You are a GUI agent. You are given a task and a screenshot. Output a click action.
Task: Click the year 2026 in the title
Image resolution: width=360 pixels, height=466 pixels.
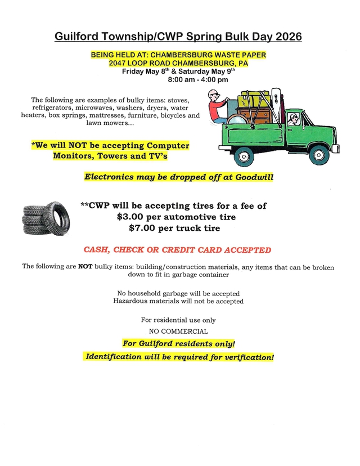tap(287, 37)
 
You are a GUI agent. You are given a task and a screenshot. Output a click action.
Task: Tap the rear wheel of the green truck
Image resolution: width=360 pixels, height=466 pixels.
tap(244, 155)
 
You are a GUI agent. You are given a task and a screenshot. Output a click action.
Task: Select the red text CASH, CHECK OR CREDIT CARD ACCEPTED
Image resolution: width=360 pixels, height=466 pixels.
tap(177, 250)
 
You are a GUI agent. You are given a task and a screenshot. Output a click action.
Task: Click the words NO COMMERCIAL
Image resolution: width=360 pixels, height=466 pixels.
tap(178, 331)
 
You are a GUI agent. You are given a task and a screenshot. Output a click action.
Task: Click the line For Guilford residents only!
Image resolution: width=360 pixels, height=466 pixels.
tap(179, 343)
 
